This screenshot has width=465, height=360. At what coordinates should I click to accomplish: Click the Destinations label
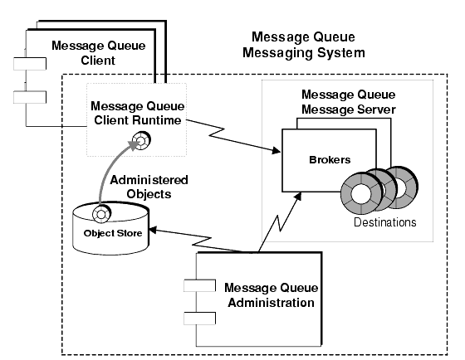pyautogui.click(x=384, y=223)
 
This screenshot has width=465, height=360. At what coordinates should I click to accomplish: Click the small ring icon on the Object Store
pyautogui.click(x=101, y=215)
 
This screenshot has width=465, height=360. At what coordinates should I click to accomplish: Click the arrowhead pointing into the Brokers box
pyautogui.click(x=274, y=150)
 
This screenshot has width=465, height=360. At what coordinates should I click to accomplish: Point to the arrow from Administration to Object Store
pyautogui.click(x=199, y=241)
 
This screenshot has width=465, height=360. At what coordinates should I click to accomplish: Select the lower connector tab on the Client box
pyautogui.click(x=26, y=96)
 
